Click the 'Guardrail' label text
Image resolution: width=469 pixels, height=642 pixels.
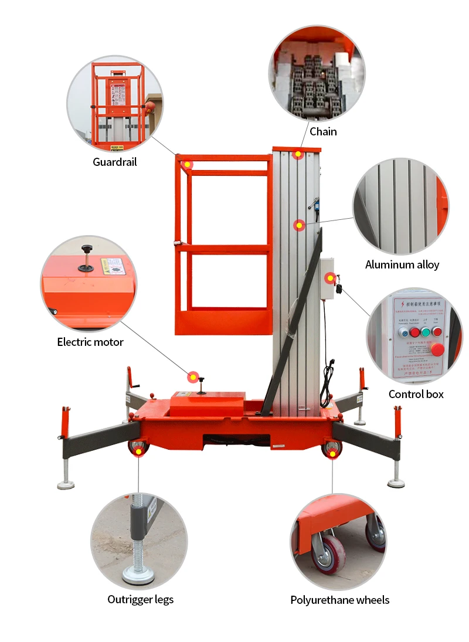[x=115, y=162]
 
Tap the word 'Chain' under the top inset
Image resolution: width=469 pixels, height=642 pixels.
[x=323, y=131]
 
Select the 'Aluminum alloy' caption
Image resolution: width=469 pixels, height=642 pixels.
[x=402, y=265]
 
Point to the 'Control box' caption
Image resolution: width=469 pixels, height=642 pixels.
[x=416, y=394]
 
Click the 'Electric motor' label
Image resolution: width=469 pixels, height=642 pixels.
[x=90, y=342]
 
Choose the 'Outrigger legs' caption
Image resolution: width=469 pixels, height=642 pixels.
[x=141, y=599]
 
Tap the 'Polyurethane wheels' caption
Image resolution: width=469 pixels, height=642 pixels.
[x=340, y=600]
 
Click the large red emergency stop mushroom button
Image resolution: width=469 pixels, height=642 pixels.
[x=437, y=350]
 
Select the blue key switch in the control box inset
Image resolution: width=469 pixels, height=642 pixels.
[x=403, y=332]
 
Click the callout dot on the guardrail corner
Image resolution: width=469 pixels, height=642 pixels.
[x=187, y=164]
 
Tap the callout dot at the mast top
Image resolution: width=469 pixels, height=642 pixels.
[x=298, y=155]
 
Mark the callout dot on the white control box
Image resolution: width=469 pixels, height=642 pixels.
[x=330, y=278]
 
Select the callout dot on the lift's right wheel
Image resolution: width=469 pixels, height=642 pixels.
[x=332, y=453]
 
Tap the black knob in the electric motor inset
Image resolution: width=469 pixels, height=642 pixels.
[x=88, y=249]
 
